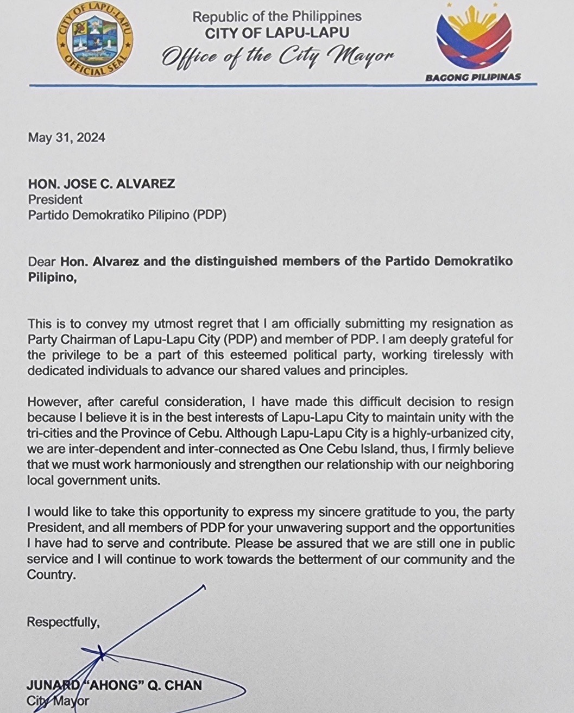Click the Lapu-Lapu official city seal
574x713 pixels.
click(94, 42)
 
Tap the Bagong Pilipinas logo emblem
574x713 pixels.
click(473, 41)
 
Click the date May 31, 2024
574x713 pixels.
click(66, 137)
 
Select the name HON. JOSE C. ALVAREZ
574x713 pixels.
click(102, 184)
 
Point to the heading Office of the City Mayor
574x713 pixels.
click(277, 56)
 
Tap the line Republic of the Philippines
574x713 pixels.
click(277, 17)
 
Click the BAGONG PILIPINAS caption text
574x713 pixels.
click(472, 77)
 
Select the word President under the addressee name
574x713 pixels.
click(55, 199)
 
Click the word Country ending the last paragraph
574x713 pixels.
click(50, 575)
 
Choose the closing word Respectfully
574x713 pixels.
click(63, 622)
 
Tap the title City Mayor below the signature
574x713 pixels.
click(58, 701)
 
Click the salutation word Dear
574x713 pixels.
click(42, 262)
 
